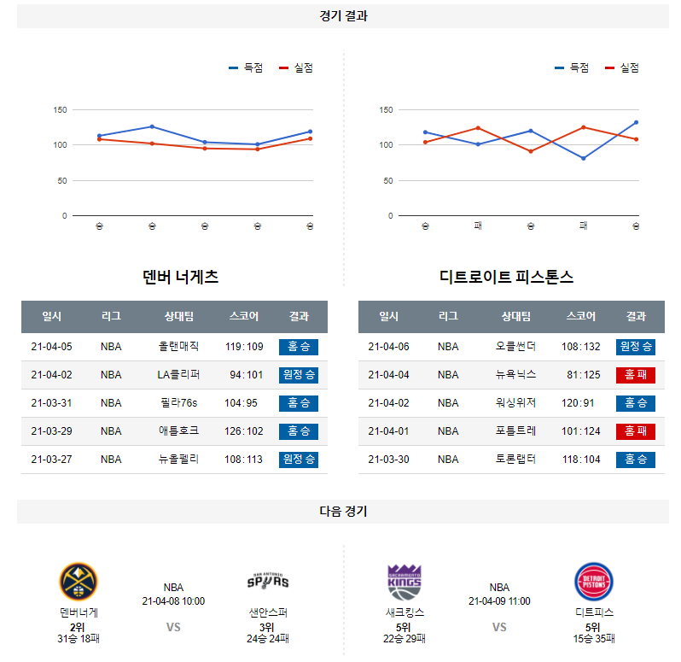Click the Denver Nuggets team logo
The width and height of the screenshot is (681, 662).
pyautogui.click(x=78, y=582)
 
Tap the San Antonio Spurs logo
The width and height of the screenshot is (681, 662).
pyautogui.click(x=268, y=582)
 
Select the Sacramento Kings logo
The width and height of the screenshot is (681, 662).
pyautogui.click(x=405, y=582)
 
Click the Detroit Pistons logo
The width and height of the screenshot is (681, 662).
pyautogui.click(x=594, y=582)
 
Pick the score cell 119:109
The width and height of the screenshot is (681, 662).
pyautogui.click(x=245, y=347)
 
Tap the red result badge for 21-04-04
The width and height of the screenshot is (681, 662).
pyautogui.click(x=636, y=375)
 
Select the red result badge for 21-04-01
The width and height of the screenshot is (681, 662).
pyautogui.click(x=636, y=431)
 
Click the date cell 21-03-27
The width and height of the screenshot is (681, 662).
pyautogui.click(x=52, y=460)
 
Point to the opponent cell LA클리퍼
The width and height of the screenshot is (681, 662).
pyautogui.click(x=178, y=375)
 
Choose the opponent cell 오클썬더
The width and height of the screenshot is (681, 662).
pyautogui.click(x=515, y=347)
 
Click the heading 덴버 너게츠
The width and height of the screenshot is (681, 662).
pyautogui.click(x=181, y=277)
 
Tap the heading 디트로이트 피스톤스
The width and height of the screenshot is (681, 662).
pyautogui.click(x=506, y=277)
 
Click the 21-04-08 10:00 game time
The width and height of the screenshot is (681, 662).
pyautogui.click(x=173, y=601)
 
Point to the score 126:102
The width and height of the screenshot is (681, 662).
pyautogui.click(x=245, y=431)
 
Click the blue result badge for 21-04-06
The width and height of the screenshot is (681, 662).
pyautogui.click(x=636, y=347)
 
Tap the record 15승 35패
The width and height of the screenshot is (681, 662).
pyautogui.click(x=594, y=639)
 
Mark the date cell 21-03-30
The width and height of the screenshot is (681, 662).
pyautogui.click(x=389, y=460)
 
